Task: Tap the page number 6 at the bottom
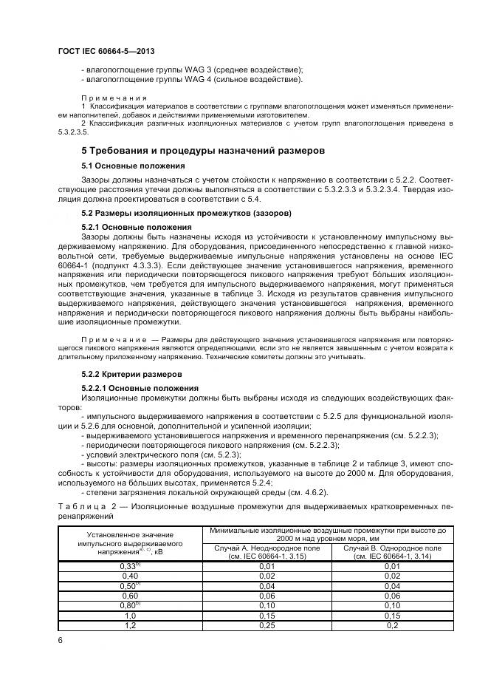(59, 640)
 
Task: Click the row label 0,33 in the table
(128, 565)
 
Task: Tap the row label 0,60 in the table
(130, 595)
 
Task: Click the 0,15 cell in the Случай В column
(392, 615)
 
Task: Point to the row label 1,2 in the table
(130, 624)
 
